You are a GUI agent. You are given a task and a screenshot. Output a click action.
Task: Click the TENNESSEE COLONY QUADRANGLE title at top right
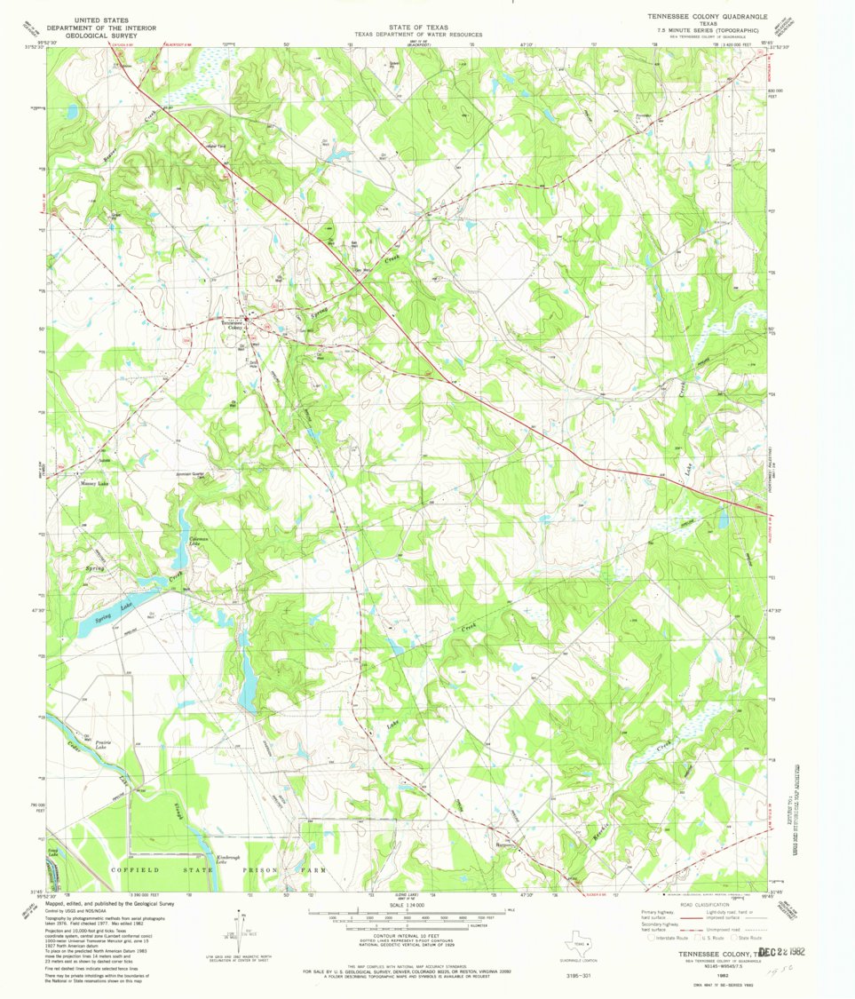[x=702, y=16]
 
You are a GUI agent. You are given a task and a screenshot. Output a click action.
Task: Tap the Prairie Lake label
[x=106, y=745]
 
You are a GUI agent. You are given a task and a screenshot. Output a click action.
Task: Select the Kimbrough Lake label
[x=234, y=860]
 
